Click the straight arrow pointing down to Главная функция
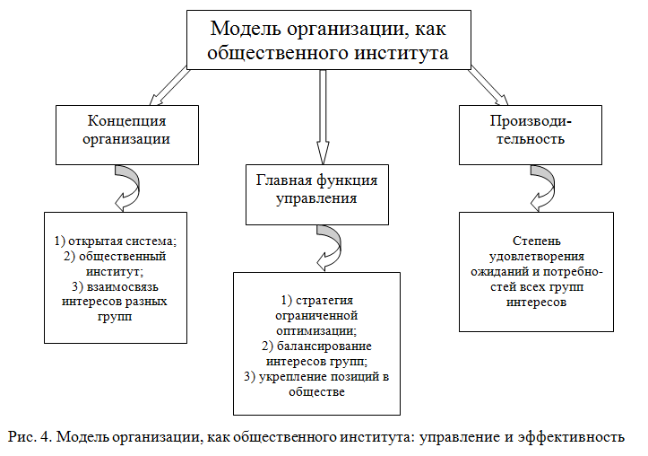[x=324, y=112]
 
